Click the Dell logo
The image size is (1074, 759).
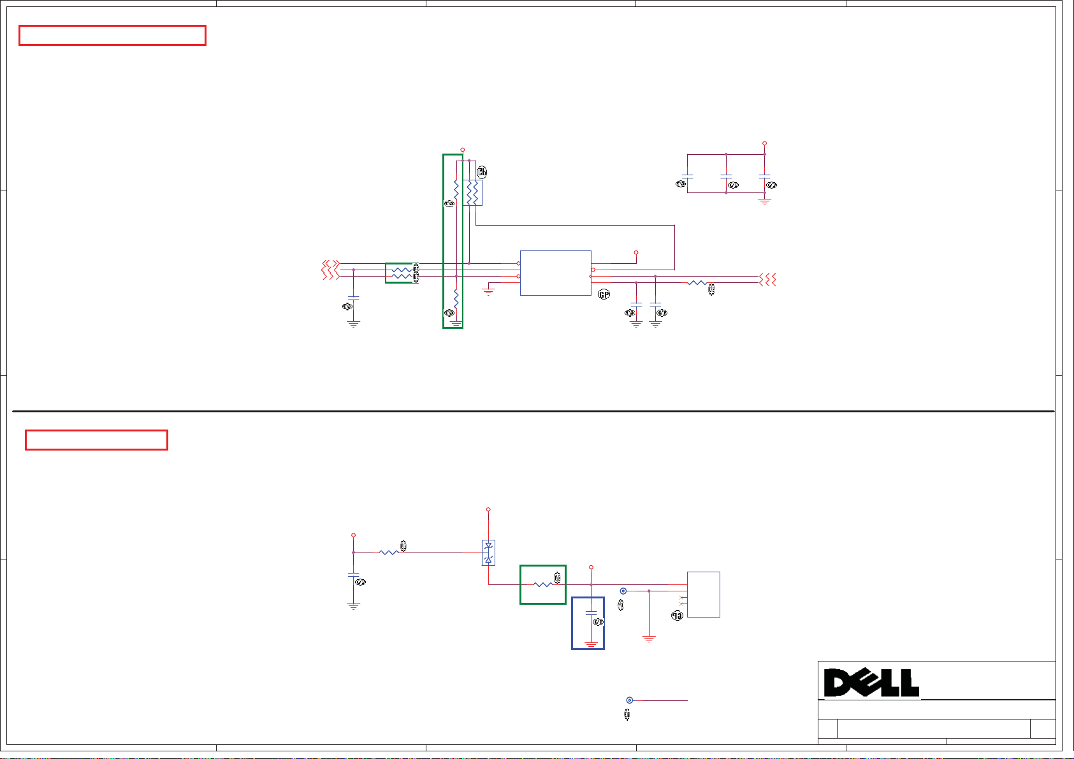pyautogui.click(x=871, y=683)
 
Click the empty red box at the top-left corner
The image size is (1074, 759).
pyautogui.click(x=112, y=36)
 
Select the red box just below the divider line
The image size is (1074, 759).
pyautogui.click(x=96, y=440)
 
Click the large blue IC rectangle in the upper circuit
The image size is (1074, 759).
pyautogui.click(x=555, y=273)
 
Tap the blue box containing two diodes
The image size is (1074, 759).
pyautogui.click(x=488, y=553)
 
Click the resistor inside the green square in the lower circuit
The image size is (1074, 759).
pyautogui.click(x=542, y=584)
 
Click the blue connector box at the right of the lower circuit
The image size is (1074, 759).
pyautogui.click(x=703, y=594)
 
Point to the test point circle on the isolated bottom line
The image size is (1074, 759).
pyautogui.click(x=630, y=700)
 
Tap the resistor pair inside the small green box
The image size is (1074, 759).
pyautogui.click(x=401, y=273)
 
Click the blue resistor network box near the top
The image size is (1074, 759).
pyautogui.click(x=472, y=192)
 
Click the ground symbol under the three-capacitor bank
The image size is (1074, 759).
pyautogui.click(x=764, y=201)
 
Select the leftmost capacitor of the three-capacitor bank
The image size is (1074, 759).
pyautogui.click(x=687, y=175)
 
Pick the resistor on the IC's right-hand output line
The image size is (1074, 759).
pyautogui.click(x=697, y=282)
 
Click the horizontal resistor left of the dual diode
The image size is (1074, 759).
pyautogui.click(x=388, y=553)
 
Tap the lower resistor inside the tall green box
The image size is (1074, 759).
pyautogui.click(x=456, y=298)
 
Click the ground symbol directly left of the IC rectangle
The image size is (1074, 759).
pyautogui.click(x=488, y=291)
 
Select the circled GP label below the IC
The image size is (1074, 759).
pyautogui.click(x=604, y=294)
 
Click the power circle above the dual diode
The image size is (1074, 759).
pyautogui.click(x=488, y=510)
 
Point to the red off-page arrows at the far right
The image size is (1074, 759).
pyautogui.click(x=767, y=279)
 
